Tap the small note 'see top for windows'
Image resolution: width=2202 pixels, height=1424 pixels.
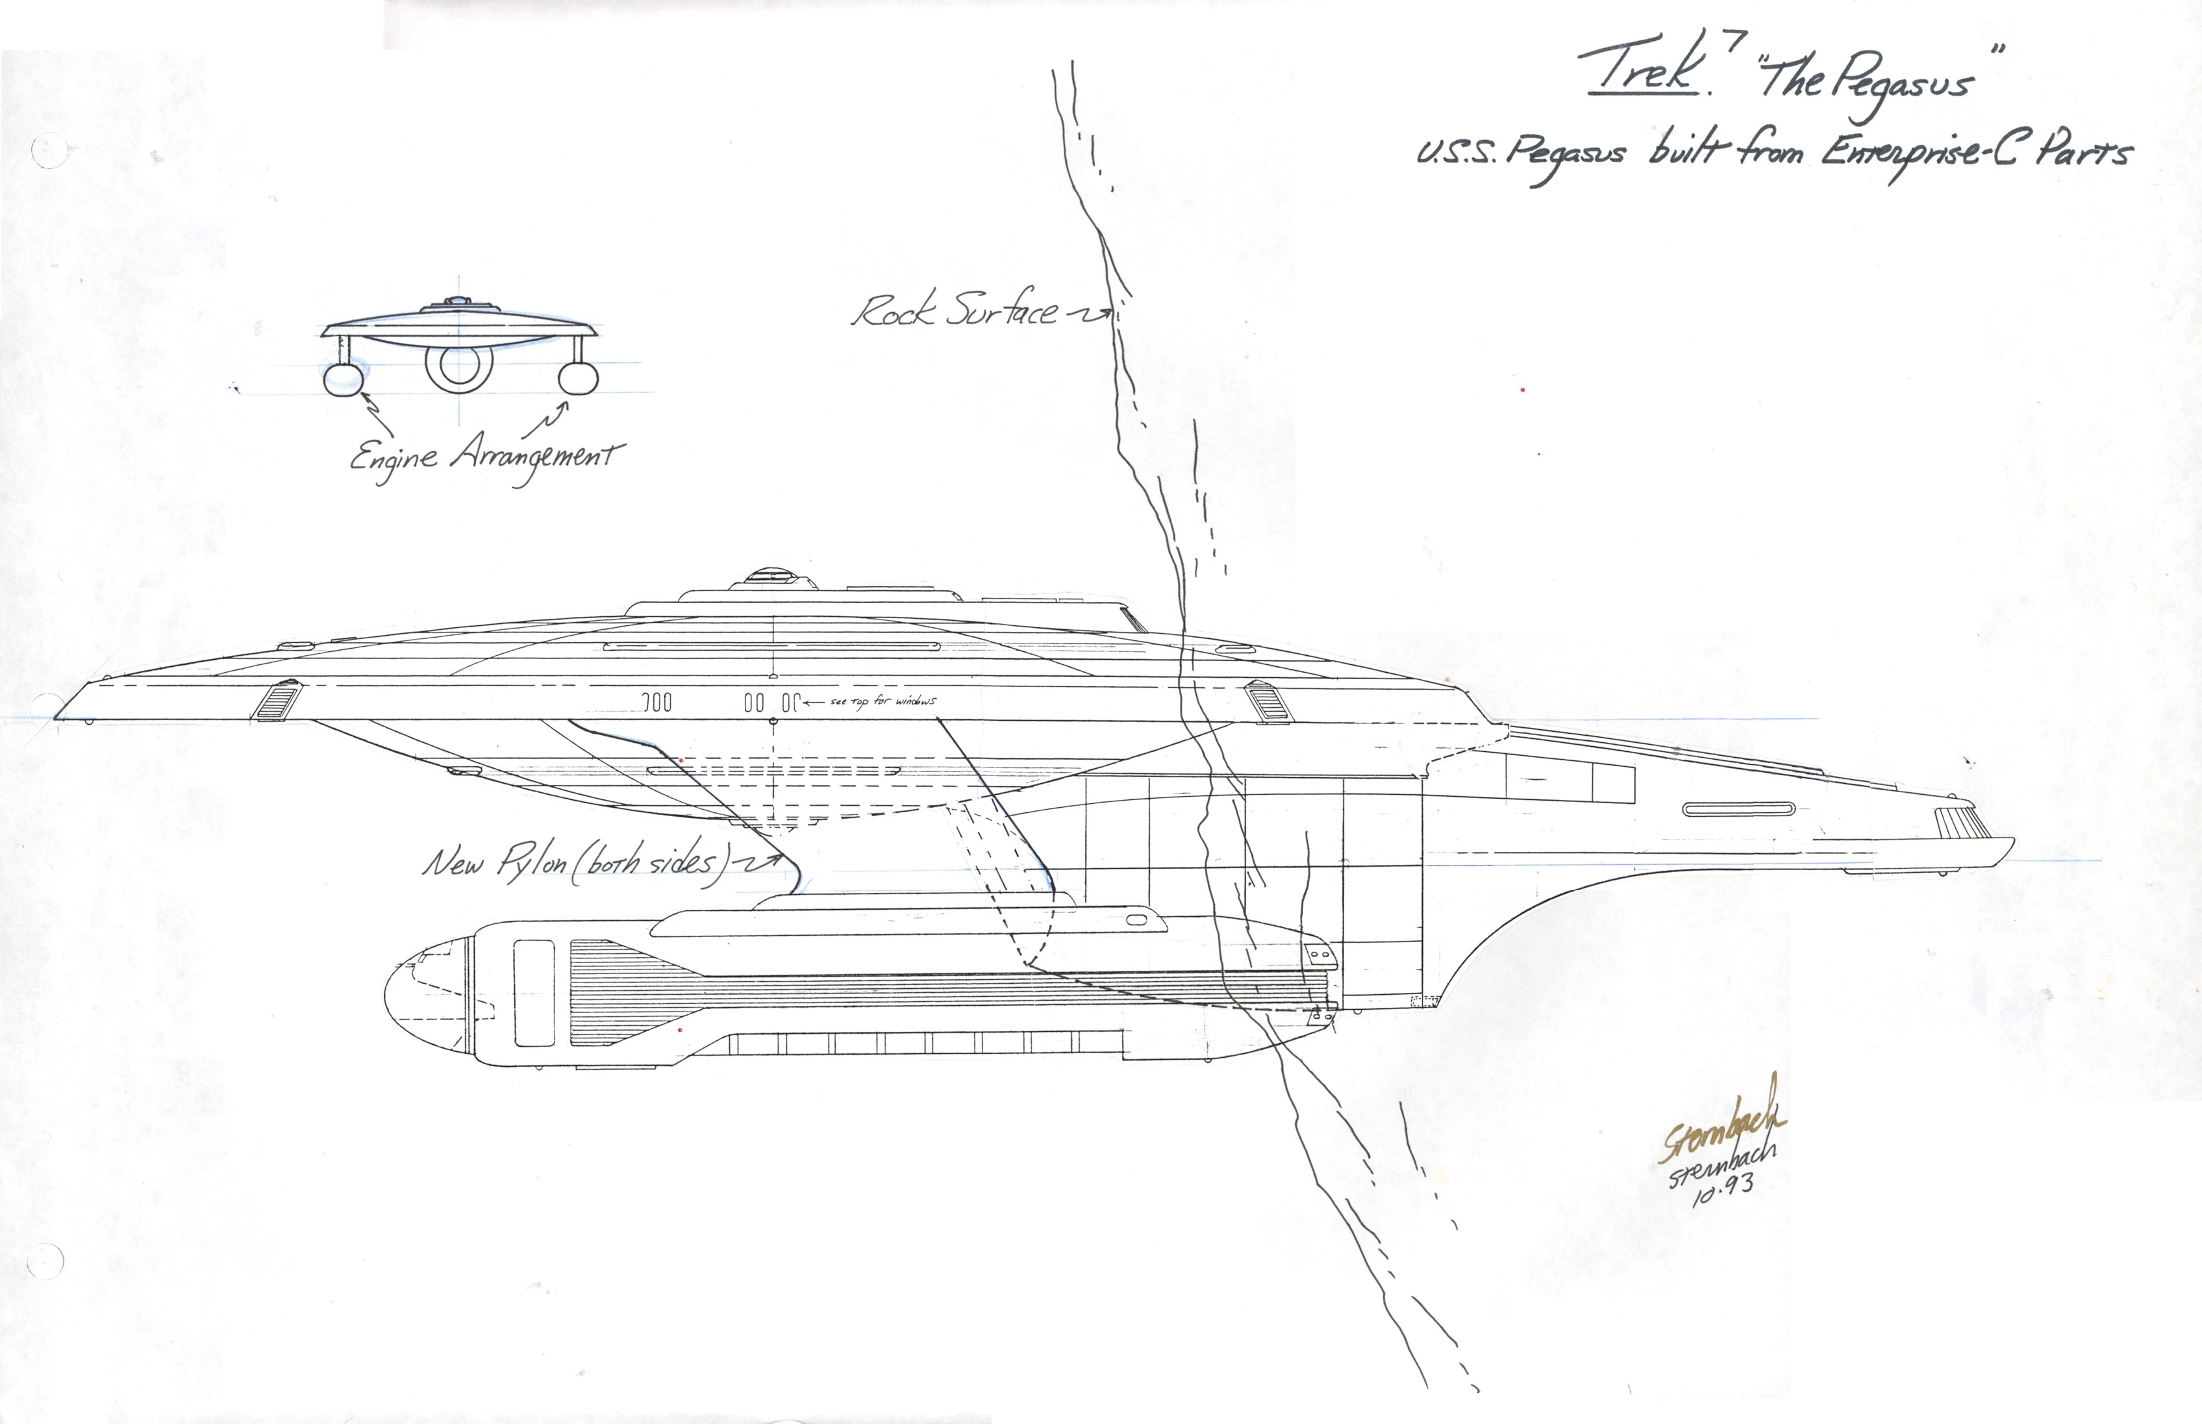coord(883,702)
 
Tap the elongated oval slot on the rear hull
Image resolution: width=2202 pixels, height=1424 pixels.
coord(1738,809)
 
